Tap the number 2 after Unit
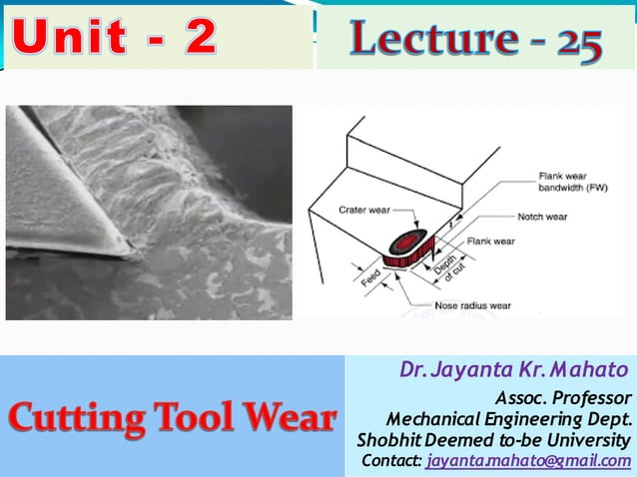coord(200,38)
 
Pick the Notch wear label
coord(543,217)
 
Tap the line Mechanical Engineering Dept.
coord(508,418)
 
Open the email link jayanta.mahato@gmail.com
coord(528,461)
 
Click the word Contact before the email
coord(390,461)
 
